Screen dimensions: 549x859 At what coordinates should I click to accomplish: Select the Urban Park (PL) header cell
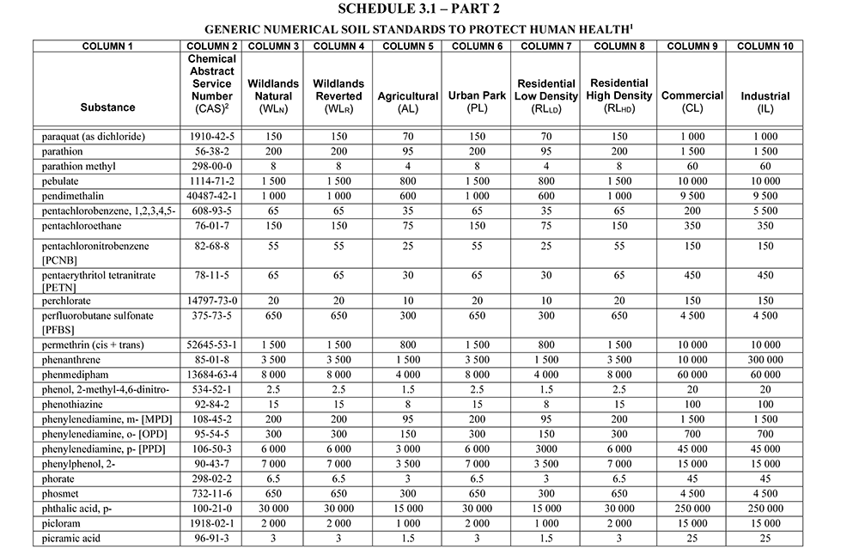[476, 102]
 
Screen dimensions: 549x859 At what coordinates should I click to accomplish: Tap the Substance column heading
[107, 107]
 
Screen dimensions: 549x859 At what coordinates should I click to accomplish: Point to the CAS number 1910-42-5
[211, 137]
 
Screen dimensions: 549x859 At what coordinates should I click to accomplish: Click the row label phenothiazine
[73, 403]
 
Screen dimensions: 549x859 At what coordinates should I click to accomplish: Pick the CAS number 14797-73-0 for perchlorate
[211, 301]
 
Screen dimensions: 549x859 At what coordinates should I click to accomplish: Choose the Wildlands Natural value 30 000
[273, 509]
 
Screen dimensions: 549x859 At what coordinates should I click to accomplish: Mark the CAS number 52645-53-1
[211, 345]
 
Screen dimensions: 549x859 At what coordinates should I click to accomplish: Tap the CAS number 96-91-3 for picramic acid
[211, 538]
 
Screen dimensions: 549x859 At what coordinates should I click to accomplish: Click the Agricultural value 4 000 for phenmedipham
[408, 374]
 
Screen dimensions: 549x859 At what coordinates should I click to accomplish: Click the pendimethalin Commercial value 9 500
[691, 195]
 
